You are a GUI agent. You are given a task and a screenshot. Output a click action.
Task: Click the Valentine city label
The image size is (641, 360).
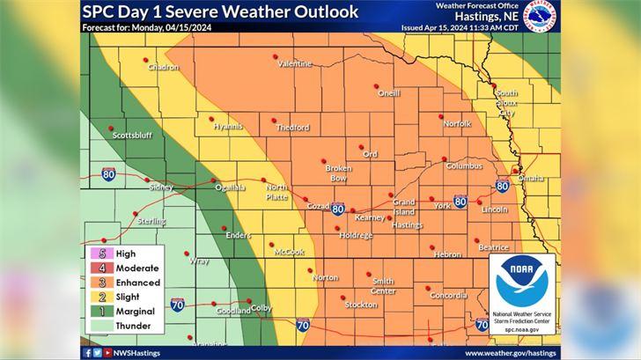click(294, 64)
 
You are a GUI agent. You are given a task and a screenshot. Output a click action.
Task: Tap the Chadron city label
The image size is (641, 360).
click(163, 67)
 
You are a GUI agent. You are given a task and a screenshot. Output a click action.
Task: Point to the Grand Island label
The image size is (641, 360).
click(404, 207)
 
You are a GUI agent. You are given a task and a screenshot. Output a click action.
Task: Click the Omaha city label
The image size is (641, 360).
click(531, 178)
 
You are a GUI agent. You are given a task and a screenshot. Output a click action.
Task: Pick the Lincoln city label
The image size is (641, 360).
click(494, 209)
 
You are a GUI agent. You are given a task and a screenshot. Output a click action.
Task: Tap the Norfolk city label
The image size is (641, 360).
click(457, 124)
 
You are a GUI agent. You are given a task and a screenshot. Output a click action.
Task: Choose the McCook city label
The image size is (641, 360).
click(289, 252)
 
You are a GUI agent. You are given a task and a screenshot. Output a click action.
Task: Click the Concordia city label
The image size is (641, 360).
click(448, 296)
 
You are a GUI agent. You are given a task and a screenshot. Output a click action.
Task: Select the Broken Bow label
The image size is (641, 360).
click(338, 173)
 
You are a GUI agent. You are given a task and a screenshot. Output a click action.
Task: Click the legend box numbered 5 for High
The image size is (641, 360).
click(95, 253)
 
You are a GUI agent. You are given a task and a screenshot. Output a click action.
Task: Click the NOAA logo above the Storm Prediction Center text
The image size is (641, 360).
click(521, 281)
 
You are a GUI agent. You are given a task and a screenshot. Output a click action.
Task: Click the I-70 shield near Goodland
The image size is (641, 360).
click(177, 305)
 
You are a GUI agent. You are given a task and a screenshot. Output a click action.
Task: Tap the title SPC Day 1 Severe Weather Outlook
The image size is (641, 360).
click(220, 11)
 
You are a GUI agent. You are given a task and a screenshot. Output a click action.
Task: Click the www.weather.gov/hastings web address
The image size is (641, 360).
click(511, 353)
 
